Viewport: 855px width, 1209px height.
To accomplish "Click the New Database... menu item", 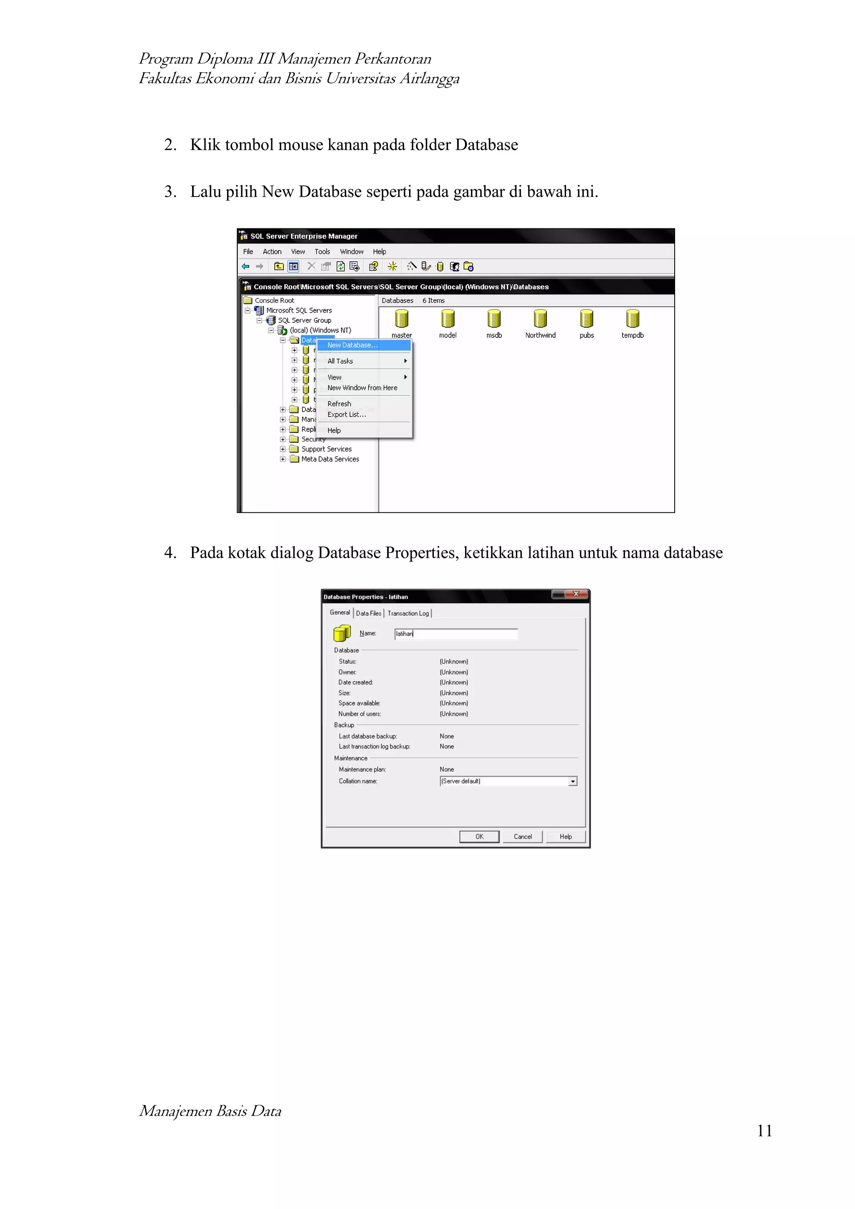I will pos(352,345).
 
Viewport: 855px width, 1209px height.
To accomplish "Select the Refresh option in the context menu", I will pos(339,403).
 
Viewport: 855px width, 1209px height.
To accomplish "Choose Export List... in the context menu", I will pos(347,415).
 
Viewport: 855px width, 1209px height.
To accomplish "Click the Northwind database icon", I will pos(540,319).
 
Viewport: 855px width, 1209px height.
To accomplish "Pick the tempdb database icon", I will pos(632,319).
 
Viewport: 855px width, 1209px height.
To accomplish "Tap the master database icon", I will pos(402,319).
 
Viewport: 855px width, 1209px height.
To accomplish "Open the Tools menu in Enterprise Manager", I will pos(322,252).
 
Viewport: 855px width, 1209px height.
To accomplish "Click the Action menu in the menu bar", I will pos(272,252).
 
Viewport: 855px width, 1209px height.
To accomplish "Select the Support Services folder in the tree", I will pos(326,449).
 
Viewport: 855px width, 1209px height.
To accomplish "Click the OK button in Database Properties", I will pos(479,836).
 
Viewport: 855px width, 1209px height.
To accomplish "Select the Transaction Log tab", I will pos(408,613).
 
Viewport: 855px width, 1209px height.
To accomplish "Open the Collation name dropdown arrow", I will pos(572,782).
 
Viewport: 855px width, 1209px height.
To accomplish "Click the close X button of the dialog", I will pos(576,594).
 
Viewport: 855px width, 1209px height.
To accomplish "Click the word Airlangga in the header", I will pos(429,78).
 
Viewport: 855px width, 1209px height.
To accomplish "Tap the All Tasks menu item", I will pos(340,361).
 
